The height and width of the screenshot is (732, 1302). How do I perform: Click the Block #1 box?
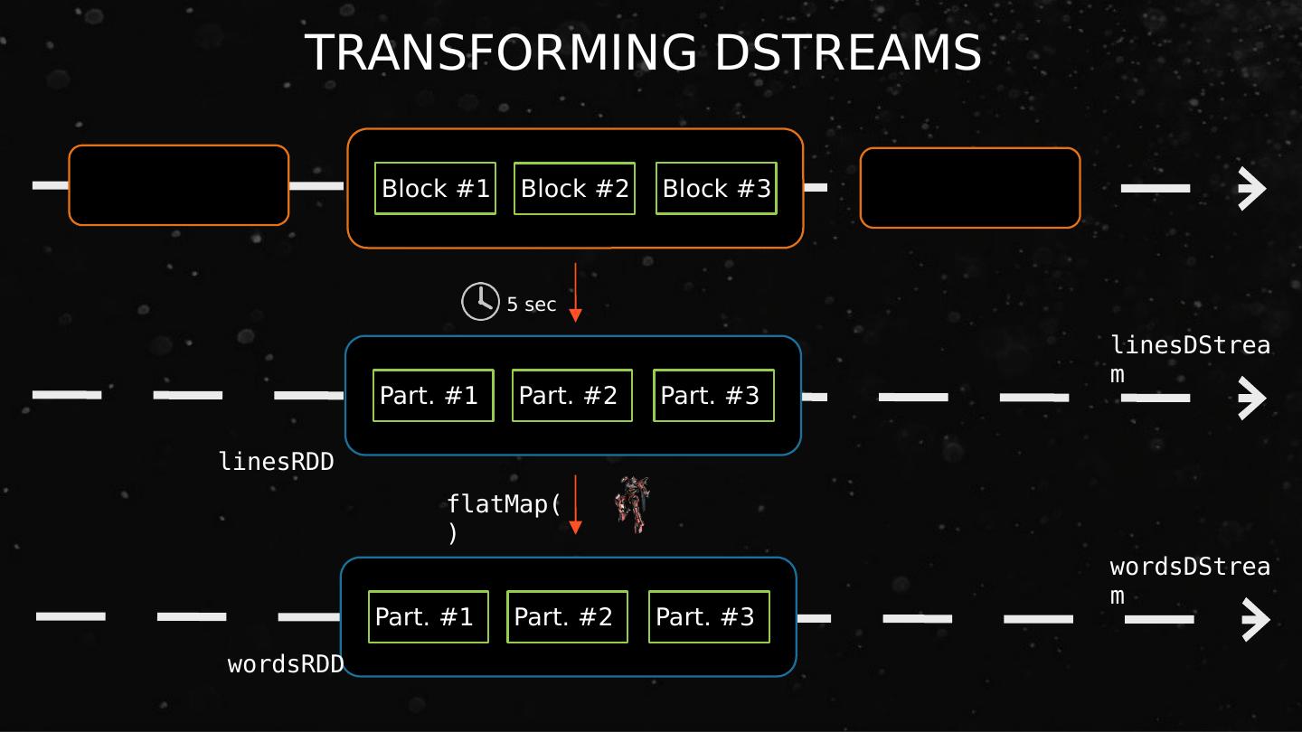(435, 188)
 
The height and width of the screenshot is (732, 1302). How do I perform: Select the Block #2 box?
(574, 188)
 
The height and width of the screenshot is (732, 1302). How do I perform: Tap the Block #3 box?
(716, 188)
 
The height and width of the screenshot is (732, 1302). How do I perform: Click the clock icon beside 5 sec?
(480, 302)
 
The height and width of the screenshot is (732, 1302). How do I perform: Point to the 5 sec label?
(532, 305)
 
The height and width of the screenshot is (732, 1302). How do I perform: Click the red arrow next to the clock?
(575, 292)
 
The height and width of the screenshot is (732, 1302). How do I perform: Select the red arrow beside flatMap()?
(575, 504)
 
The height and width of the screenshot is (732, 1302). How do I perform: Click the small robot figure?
(632, 504)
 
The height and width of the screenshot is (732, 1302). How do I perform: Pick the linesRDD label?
(276, 462)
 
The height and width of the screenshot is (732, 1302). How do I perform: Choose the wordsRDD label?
(286, 664)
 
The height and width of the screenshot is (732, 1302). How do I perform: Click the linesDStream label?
(1189, 358)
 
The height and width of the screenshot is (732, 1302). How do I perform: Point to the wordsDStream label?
(1189, 579)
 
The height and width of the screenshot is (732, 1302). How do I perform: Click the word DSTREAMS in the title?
(847, 52)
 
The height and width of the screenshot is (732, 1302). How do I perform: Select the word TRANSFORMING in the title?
(501, 52)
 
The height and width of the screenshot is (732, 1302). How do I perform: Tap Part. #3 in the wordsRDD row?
(709, 616)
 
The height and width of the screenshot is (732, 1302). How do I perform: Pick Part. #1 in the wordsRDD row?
(429, 616)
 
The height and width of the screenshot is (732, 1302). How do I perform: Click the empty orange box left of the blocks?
(179, 184)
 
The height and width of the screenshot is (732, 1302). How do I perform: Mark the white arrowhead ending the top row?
(1252, 189)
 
